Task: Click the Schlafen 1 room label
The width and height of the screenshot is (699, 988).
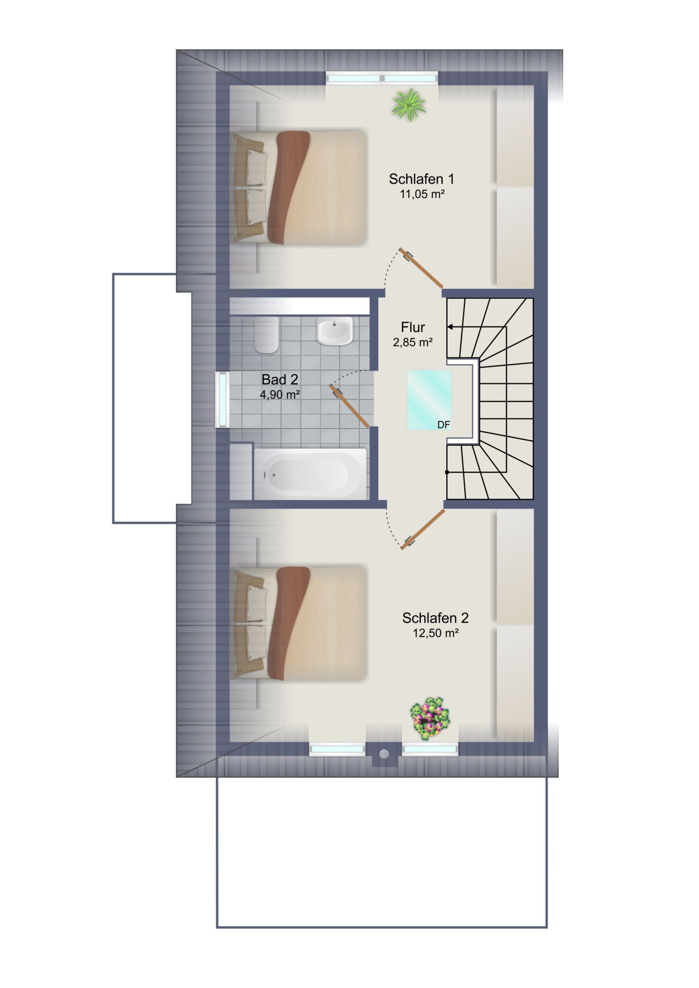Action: [421, 179]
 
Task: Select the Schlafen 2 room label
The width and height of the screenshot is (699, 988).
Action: [435, 618]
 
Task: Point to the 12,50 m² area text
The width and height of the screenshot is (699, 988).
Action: [435, 633]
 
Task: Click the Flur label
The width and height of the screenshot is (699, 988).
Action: [413, 328]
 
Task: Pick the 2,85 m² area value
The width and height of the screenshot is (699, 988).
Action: [413, 342]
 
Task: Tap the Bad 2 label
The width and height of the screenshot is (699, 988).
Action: [280, 380]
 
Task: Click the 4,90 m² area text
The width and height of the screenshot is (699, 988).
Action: [280, 394]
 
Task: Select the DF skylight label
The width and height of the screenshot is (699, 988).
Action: [444, 425]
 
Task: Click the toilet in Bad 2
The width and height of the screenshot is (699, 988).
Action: [267, 335]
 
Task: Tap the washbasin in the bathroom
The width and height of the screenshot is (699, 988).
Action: [334, 330]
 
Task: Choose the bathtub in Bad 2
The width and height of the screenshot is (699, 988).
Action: [310, 474]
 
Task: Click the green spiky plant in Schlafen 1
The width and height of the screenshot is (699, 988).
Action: [409, 104]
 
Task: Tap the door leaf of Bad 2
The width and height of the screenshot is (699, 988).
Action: [349, 406]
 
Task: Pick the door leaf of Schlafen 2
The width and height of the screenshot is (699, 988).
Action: [423, 530]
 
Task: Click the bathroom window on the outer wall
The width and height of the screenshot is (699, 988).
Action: [223, 400]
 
